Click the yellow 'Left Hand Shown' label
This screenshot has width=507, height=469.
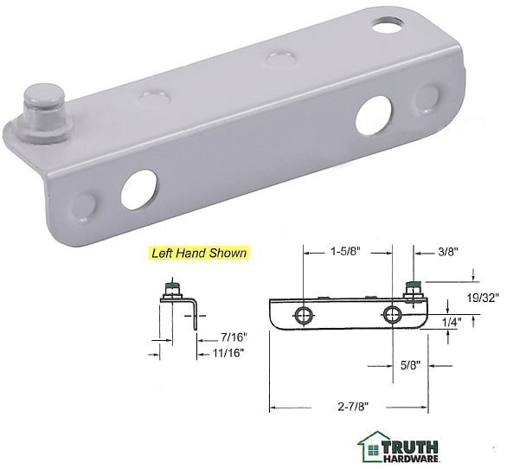[x=199, y=254]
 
